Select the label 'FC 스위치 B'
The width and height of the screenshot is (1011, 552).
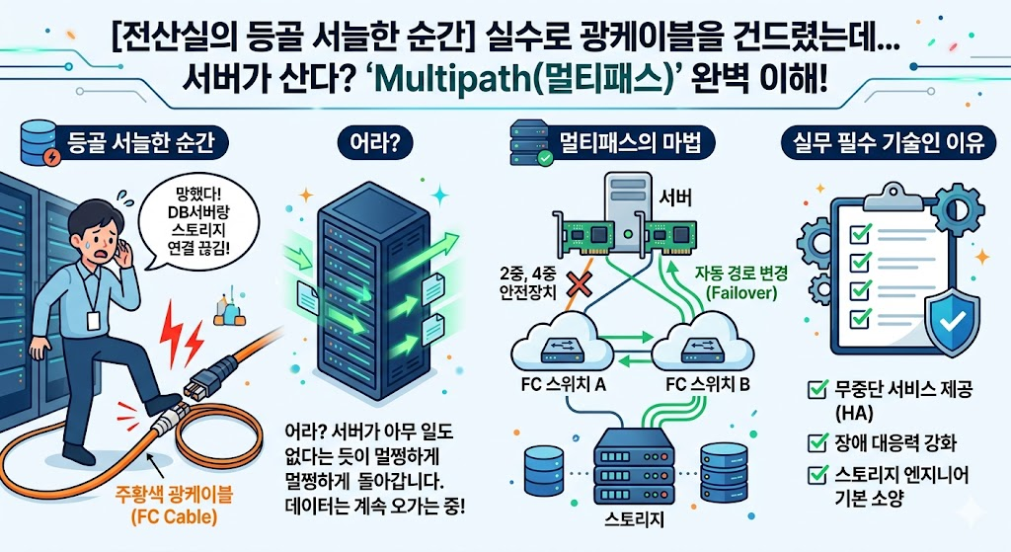click(708, 385)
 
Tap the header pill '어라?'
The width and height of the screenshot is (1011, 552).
click(379, 143)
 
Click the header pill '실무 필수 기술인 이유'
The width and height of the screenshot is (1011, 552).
click(883, 143)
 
